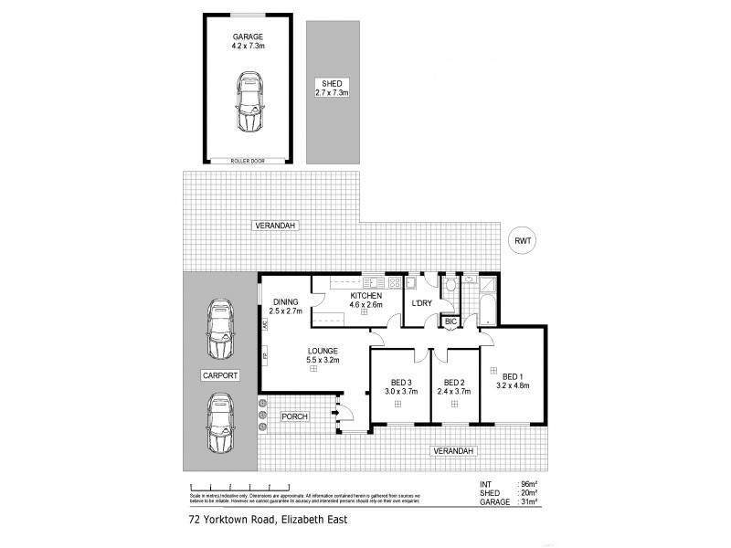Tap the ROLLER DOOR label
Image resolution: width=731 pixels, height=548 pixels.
pyautogui.click(x=249, y=161)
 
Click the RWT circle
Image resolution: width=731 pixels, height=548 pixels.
pyautogui.click(x=523, y=241)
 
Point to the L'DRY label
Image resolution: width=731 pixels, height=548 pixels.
pyautogui.click(x=421, y=303)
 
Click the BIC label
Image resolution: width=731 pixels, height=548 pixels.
pyautogui.click(x=450, y=321)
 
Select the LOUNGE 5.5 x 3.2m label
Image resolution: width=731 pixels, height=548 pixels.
pyautogui.click(x=323, y=355)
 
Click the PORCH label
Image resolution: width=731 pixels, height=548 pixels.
pyautogui.click(x=294, y=416)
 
